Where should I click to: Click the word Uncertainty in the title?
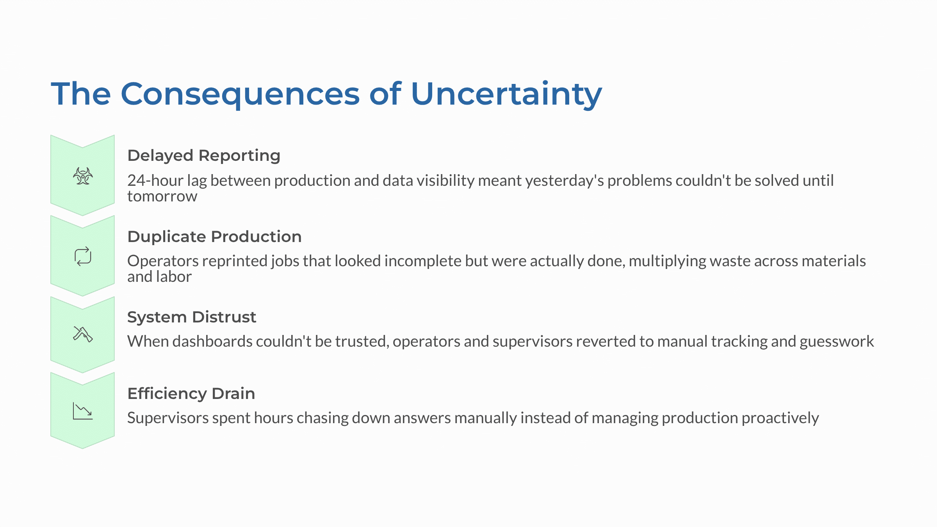506,94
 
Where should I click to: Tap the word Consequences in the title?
240,94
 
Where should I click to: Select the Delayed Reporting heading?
204,155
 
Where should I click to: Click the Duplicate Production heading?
214,237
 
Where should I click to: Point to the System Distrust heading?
192,317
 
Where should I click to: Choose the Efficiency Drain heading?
191,393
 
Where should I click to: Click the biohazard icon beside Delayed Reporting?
83,176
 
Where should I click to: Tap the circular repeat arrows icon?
83,256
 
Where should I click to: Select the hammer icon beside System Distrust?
83,334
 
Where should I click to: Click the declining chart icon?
83,411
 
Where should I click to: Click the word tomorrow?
162,196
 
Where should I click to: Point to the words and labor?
159,277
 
